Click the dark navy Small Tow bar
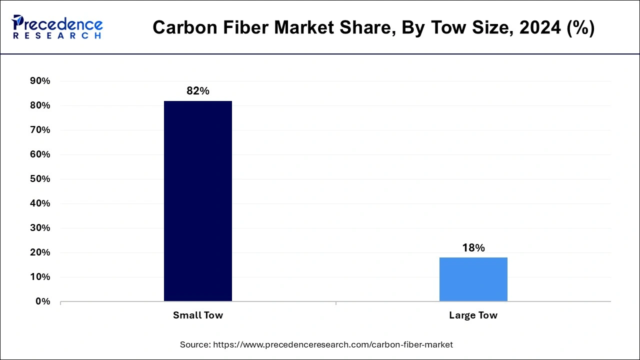point(198,201)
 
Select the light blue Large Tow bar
point(473,279)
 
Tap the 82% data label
point(198,91)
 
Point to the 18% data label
point(473,248)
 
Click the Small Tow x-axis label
point(198,315)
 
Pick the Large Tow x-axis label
point(473,315)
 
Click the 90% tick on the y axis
point(40,81)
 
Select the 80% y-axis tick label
point(40,105)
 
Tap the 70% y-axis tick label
point(40,130)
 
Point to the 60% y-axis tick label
point(40,154)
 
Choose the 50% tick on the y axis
point(40,179)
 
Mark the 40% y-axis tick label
point(40,203)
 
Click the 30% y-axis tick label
point(40,228)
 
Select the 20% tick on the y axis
point(40,252)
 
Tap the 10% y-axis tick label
point(40,277)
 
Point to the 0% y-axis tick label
point(42,301)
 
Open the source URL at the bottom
point(333,344)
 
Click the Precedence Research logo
point(57,27)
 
